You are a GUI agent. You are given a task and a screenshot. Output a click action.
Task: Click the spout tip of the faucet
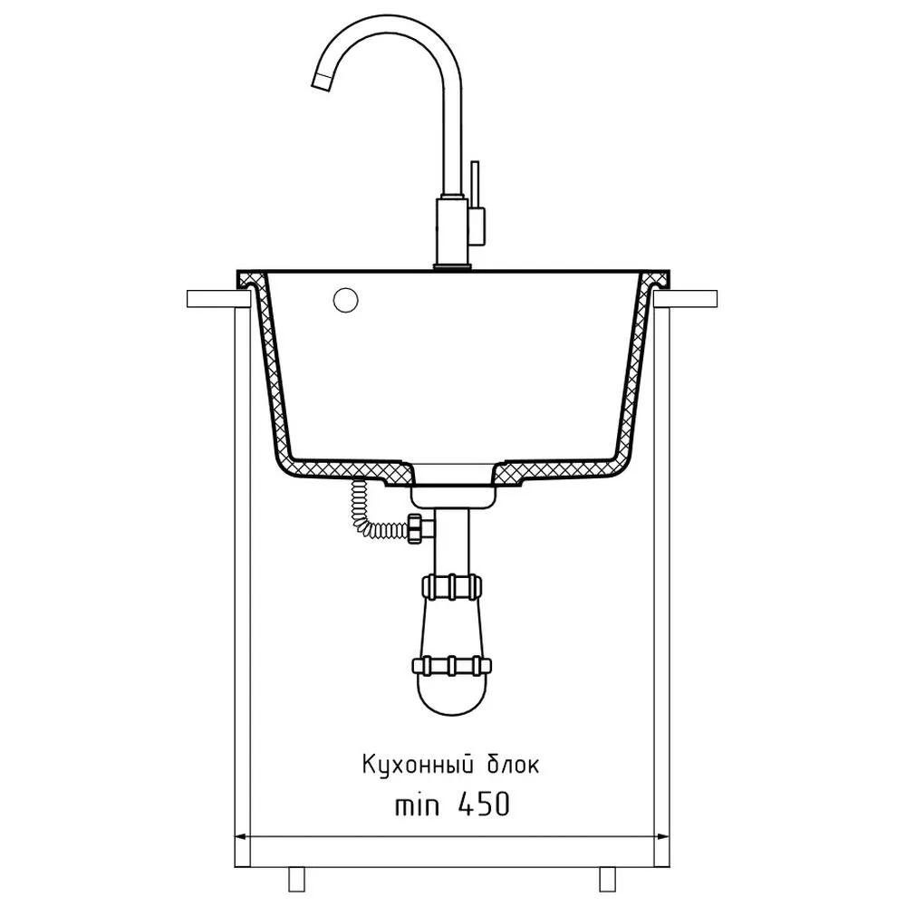pos(322,82)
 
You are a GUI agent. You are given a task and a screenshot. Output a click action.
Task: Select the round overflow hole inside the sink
pos(345,300)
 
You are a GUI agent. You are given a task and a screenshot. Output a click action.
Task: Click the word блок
pos(506,764)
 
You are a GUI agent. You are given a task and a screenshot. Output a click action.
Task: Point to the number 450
pos(484,804)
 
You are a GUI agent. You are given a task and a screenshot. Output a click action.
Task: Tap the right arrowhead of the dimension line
pos(662,835)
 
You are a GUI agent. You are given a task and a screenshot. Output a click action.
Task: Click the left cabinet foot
pos(296,880)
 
